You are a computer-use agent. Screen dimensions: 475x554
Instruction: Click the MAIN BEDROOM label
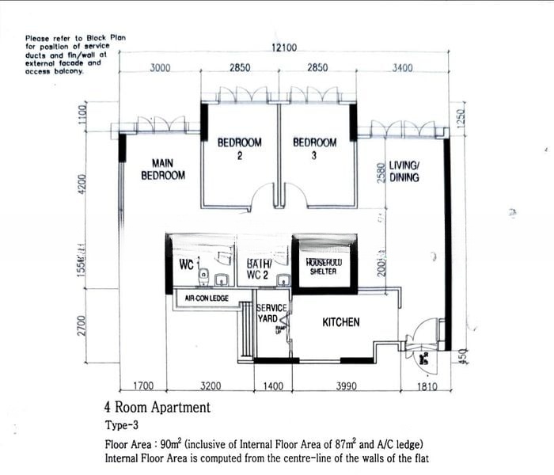(x=163, y=169)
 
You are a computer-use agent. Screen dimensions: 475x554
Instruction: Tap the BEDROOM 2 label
(x=239, y=149)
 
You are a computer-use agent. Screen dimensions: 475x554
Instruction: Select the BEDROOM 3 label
(x=314, y=149)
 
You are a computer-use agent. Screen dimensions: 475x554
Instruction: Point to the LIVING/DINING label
(x=404, y=172)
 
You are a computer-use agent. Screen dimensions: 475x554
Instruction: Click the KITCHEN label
(x=341, y=322)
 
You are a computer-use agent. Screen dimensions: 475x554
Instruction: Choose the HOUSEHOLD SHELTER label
(x=323, y=267)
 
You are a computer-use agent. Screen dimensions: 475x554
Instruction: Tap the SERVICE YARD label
(x=267, y=313)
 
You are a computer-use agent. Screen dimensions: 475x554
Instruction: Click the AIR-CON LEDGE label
(x=207, y=298)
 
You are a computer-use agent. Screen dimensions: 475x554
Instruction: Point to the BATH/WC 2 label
(x=259, y=268)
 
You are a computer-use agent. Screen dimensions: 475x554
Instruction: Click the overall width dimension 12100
(x=284, y=48)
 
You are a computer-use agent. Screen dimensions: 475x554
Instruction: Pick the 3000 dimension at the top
(x=160, y=68)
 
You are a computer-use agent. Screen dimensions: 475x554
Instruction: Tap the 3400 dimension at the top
(x=402, y=68)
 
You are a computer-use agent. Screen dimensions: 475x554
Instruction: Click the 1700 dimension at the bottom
(x=143, y=386)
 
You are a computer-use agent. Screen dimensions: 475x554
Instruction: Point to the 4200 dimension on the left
(x=81, y=184)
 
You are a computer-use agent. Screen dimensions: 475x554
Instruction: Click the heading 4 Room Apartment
(x=157, y=408)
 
